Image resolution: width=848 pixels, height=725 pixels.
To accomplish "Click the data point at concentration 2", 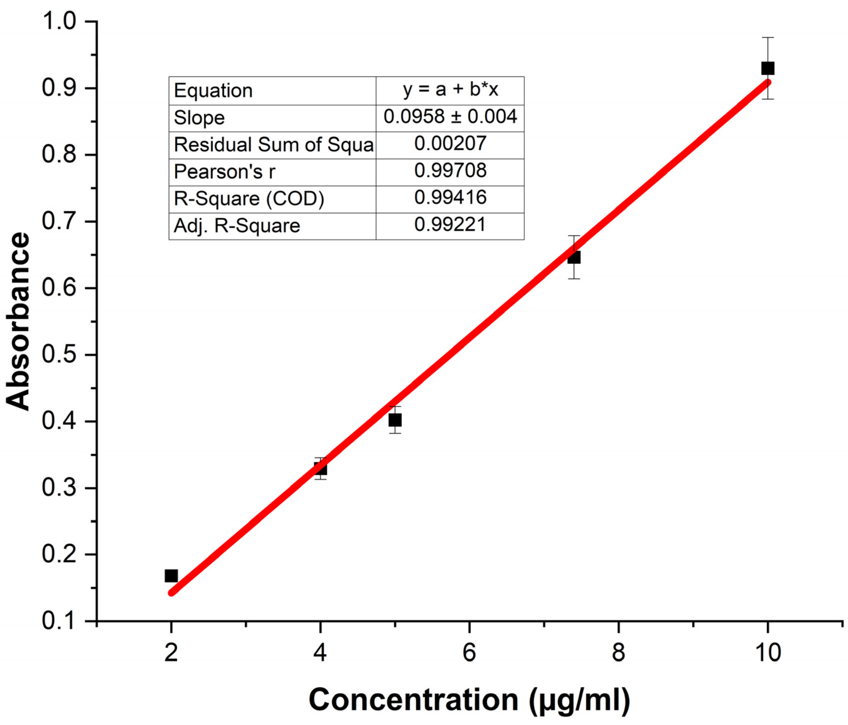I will tap(171, 576).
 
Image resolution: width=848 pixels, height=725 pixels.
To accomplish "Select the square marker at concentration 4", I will tap(320, 468).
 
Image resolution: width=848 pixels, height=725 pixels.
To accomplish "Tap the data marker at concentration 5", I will tap(395, 420).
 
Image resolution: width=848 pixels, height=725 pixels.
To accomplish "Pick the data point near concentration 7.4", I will tap(574, 257).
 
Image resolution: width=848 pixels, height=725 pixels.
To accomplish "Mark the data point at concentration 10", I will tap(768, 68).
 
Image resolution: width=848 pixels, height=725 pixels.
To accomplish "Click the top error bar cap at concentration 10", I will tap(768, 38).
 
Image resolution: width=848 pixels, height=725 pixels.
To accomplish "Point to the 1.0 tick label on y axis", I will tap(59, 21).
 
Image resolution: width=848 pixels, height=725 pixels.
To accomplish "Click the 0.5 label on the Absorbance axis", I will tap(59, 355).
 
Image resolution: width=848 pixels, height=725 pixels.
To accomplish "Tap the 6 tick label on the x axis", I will tap(469, 653).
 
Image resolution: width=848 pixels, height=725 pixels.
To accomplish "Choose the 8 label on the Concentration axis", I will tap(618, 653).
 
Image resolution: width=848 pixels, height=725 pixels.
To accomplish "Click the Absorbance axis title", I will tap(19, 321).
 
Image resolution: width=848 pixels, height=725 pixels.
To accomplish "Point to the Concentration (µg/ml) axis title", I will tap(469, 700).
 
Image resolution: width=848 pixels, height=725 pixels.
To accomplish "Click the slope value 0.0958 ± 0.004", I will tap(450, 117).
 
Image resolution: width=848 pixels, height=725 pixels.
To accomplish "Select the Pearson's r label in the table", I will tap(225, 172).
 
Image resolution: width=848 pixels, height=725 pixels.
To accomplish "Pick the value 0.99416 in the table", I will tap(450, 198).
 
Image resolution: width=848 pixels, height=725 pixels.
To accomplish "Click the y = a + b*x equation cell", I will tap(450, 90).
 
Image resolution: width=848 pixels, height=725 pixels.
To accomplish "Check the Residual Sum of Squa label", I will tap(273, 145).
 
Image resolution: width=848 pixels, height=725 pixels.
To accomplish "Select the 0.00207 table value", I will tap(450, 144).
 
